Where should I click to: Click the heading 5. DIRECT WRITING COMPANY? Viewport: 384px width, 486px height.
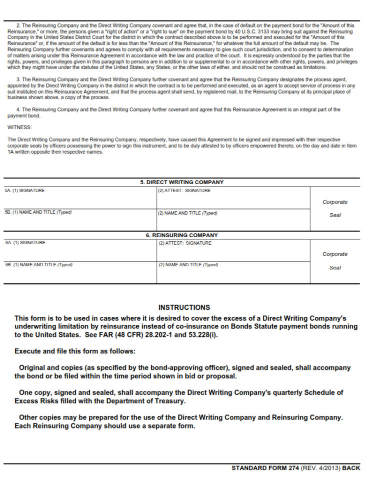181,182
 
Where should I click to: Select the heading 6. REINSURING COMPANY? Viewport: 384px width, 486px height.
181,235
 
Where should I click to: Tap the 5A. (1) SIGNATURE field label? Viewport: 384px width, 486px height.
24,191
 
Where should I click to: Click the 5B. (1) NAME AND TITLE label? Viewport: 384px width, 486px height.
38,212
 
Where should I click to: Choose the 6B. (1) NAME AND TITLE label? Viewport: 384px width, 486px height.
38,265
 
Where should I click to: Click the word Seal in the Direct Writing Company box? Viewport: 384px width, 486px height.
335,215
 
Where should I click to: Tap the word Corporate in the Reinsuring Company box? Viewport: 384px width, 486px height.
335,254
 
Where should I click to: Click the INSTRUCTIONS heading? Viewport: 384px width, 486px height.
184,307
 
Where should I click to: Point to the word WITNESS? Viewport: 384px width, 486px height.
19,128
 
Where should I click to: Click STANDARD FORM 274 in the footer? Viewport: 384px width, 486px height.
265,468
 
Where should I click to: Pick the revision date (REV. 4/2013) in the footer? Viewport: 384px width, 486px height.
320,468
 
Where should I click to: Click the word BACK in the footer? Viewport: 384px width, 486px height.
351,468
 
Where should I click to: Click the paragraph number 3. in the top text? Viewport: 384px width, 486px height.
18,80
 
